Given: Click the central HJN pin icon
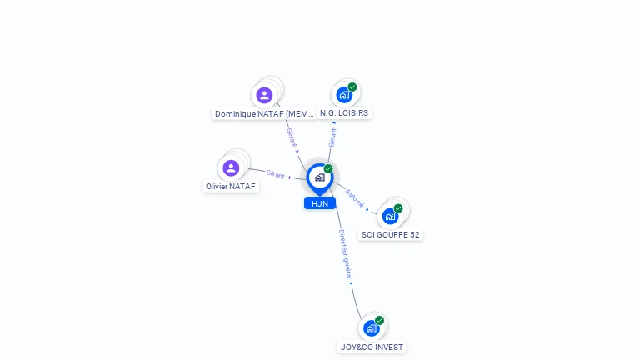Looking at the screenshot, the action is pyautogui.click(x=320, y=179).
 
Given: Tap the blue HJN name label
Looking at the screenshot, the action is pyautogui.click(x=320, y=203).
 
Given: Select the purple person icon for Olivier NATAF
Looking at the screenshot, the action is pyautogui.click(x=231, y=167).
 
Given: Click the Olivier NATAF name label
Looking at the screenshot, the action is pyautogui.click(x=231, y=186).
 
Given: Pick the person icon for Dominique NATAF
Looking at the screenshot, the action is pyautogui.click(x=264, y=95).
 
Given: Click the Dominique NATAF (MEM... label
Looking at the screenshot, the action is pyautogui.click(x=264, y=114).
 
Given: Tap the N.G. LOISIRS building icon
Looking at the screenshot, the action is pyautogui.click(x=344, y=95).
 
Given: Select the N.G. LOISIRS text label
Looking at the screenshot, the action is pyautogui.click(x=344, y=113).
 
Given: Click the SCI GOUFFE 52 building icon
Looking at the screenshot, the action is pyautogui.click(x=390, y=217).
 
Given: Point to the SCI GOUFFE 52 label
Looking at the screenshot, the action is pyautogui.click(x=391, y=235).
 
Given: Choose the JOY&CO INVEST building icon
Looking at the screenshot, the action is pyautogui.click(x=372, y=328).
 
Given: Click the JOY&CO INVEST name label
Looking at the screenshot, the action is pyautogui.click(x=372, y=347).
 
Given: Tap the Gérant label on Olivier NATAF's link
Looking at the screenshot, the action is pyautogui.click(x=275, y=174).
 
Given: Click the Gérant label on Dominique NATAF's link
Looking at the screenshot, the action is pyautogui.click(x=292, y=137).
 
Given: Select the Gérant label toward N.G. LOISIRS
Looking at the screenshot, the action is pyautogui.click(x=332, y=137).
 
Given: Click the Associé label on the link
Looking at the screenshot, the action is pyautogui.click(x=355, y=198).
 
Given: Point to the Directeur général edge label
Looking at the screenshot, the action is pyautogui.click(x=345, y=254).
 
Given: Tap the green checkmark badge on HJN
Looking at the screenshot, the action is pyautogui.click(x=328, y=168).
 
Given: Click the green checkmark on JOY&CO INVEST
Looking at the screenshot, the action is pyautogui.click(x=380, y=320).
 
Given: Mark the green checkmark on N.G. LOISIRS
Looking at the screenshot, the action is pyautogui.click(x=352, y=87).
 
